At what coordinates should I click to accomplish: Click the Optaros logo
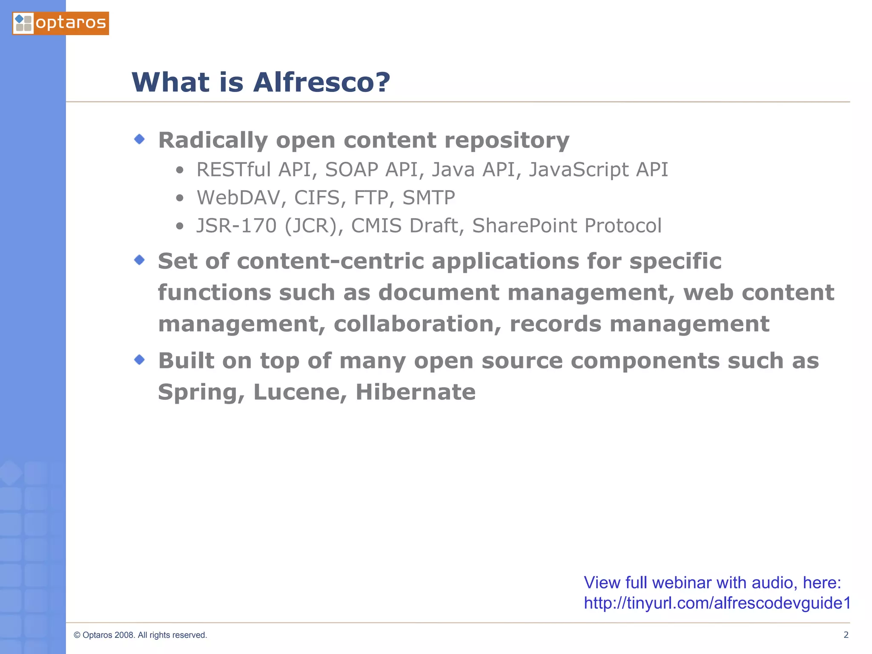(x=60, y=23)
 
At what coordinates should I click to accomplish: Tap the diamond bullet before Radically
(x=139, y=139)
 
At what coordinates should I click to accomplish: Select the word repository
(x=507, y=141)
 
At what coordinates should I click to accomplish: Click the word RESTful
(x=233, y=169)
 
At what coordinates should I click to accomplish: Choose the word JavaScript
(x=578, y=169)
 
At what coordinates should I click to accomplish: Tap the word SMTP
(x=428, y=198)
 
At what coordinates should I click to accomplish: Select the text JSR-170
(x=236, y=226)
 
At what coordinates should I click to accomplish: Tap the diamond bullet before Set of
(x=139, y=260)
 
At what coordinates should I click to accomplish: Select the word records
(x=555, y=324)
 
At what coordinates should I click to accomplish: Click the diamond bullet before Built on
(x=139, y=360)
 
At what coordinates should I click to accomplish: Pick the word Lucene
(x=300, y=392)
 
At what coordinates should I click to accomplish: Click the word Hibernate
(x=416, y=392)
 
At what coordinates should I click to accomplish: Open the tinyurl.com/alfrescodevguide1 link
(x=717, y=603)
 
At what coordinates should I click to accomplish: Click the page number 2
(x=846, y=635)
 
